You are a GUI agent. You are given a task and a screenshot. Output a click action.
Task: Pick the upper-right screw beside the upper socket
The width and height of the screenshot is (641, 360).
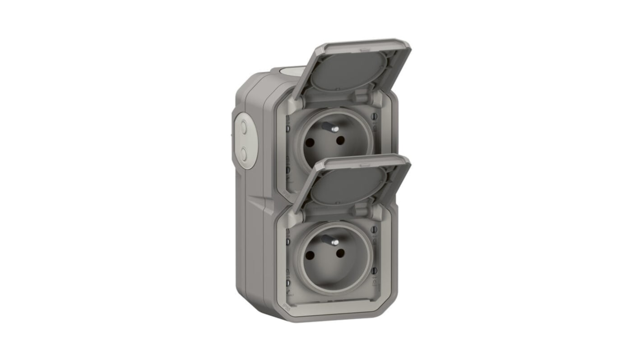374,117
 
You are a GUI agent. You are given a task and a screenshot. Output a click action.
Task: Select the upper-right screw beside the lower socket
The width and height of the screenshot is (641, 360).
374,231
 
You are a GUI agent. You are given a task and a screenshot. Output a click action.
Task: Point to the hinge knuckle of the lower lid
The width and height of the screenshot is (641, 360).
360,211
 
